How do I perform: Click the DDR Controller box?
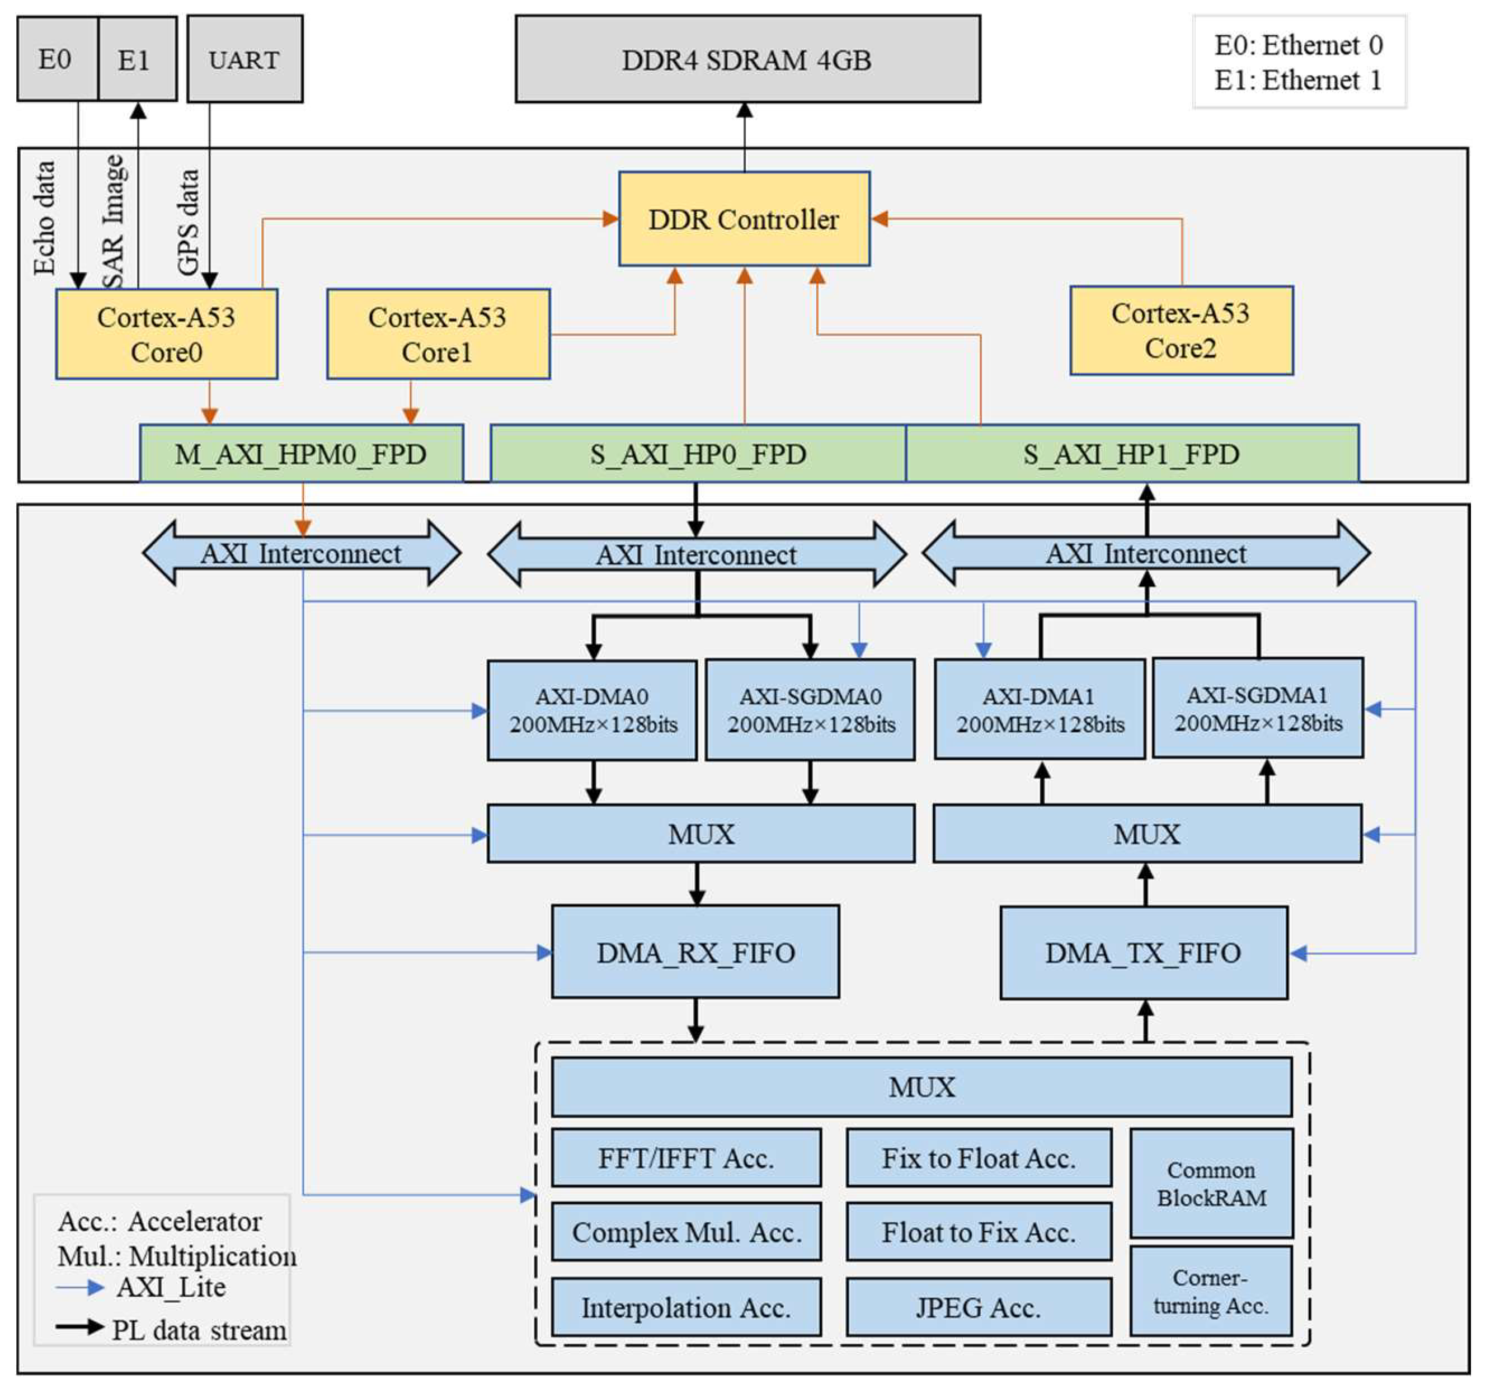[744, 219]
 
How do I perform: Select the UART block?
[244, 59]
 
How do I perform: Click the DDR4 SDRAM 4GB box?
[747, 59]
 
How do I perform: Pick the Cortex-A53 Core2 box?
[1181, 331]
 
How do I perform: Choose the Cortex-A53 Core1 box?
[438, 334]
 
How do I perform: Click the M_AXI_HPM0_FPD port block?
[301, 454]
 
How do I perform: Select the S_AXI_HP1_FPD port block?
[1132, 454]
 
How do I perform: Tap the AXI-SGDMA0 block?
[810, 710]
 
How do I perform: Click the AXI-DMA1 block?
[1039, 710]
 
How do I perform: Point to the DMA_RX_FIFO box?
[695, 952]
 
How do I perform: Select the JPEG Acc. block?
[978, 1307]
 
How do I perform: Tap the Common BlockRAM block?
[1211, 1183]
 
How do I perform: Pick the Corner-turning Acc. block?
[1210, 1291]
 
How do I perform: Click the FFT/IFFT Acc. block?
[685, 1158]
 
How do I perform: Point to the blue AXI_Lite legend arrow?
[80, 1287]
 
